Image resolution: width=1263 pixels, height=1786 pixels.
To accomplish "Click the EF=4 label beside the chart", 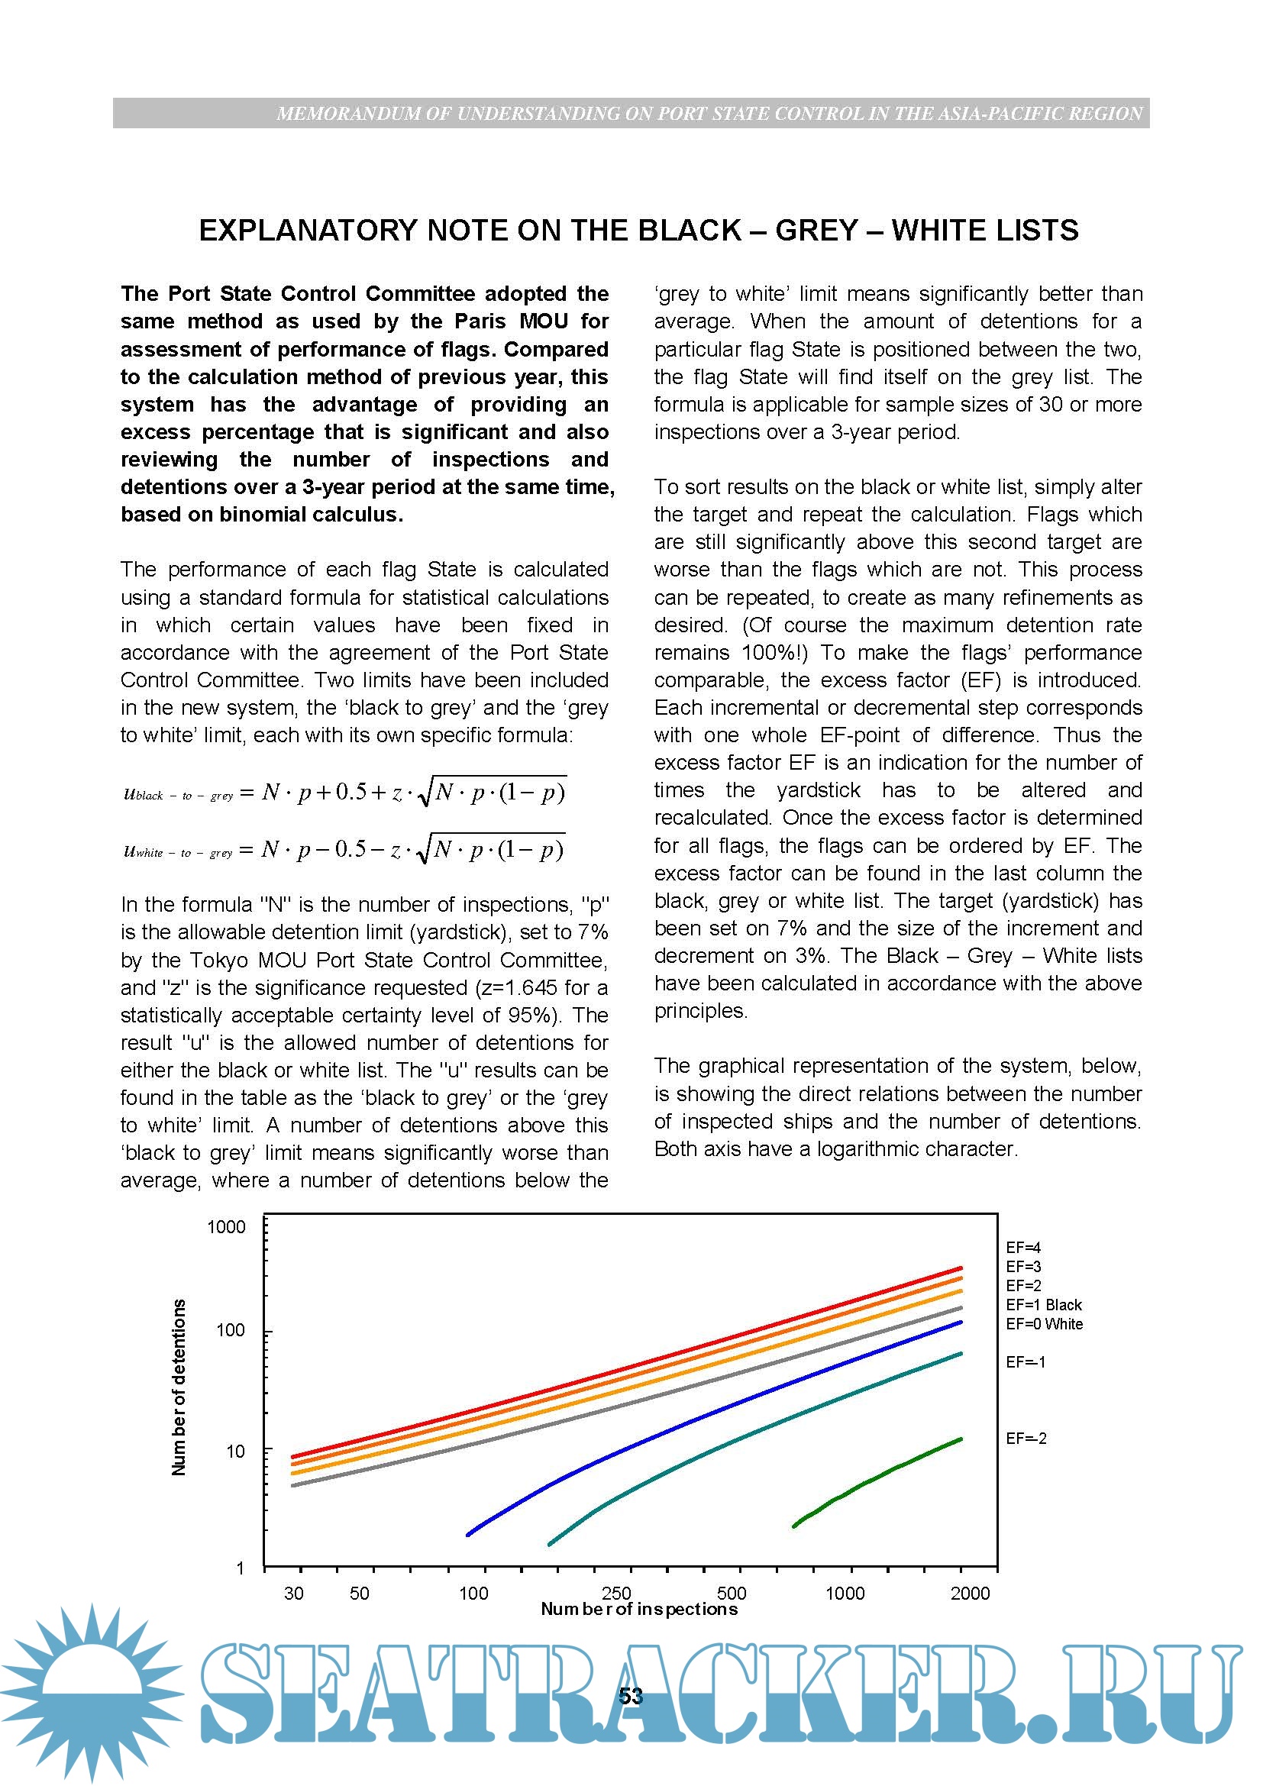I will [x=1022, y=1248].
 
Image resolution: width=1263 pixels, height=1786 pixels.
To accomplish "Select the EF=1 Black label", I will [x=1043, y=1304].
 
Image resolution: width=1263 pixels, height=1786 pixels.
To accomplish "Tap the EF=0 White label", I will [x=1044, y=1324].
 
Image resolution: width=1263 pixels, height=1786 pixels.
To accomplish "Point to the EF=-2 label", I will [x=1026, y=1439].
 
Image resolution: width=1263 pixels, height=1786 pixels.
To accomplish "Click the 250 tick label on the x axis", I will [x=616, y=1593].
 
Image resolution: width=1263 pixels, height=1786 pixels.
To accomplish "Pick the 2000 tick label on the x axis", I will [x=970, y=1593].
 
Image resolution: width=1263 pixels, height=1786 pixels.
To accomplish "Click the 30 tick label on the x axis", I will [x=293, y=1593].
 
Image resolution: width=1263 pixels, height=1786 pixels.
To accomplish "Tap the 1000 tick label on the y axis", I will [x=225, y=1228].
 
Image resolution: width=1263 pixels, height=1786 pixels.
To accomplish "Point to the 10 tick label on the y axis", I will [x=235, y=1451].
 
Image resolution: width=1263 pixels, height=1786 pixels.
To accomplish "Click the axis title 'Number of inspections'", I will [x=638, y=1609].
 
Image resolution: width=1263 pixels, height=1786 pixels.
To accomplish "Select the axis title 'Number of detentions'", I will [x=179, y=1387].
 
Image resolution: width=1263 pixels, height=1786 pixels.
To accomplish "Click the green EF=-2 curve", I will [x=879, y=1478].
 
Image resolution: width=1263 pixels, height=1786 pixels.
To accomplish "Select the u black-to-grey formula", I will [x=344, y=792].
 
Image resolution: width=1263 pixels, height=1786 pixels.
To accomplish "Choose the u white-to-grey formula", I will [x=344, y=848].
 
